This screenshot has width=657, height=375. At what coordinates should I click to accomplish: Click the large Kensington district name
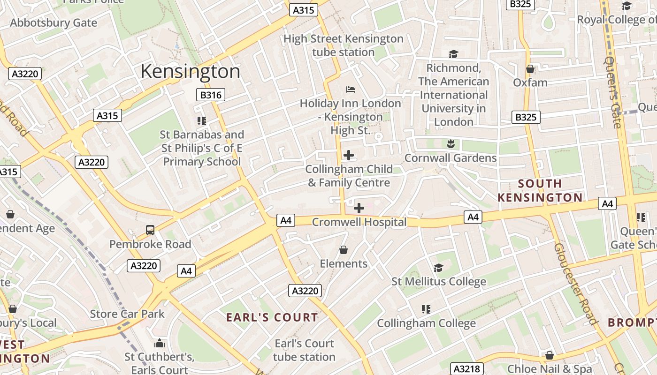point(190,72)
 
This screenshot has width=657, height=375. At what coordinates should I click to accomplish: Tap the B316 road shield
point(211,95)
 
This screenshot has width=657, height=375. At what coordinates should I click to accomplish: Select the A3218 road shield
point(467,368)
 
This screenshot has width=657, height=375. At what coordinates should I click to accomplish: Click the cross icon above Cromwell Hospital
point(359,208)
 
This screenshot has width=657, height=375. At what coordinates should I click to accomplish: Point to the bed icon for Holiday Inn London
point(350,90)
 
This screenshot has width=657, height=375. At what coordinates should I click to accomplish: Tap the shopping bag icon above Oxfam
point(530,69)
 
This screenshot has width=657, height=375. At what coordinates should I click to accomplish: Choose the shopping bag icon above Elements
point(344,250)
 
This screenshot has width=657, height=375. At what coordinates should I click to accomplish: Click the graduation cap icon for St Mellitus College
point(438,268)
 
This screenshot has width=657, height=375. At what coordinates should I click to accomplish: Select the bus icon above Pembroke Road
point(150,230)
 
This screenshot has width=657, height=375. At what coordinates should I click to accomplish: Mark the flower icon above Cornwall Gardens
point(451,144)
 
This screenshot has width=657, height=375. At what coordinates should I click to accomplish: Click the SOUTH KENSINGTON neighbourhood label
point(540,190)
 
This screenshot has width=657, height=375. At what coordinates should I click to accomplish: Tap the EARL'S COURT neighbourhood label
point(272,317)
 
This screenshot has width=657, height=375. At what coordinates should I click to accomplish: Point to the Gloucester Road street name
point(575,284)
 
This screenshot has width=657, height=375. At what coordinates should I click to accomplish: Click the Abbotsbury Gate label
point(53,22)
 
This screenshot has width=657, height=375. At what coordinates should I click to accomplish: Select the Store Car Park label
point(127,314)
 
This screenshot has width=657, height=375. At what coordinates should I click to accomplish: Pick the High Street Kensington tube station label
point(344,45)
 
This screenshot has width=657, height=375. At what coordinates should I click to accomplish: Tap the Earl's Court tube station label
point(305,350)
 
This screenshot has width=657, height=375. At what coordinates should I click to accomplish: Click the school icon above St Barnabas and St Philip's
point(202,121)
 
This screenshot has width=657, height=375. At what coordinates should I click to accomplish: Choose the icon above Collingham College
point(426,309)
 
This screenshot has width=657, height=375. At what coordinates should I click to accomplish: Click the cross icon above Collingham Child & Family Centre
point(349,155)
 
